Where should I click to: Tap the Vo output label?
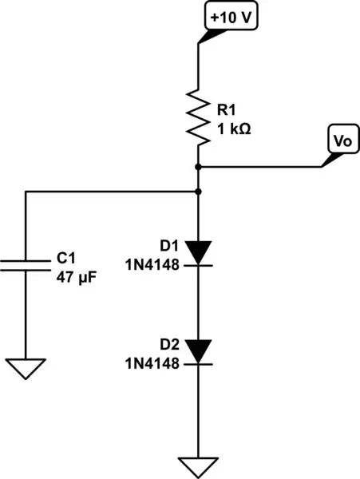(342, 141)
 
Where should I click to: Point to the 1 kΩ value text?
(232, 128)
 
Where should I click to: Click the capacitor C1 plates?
(26, 265)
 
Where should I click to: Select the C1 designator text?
(65, 259)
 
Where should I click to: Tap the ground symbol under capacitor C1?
(26, 368)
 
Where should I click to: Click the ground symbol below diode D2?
(198, 465)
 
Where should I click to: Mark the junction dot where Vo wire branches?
(198, 167)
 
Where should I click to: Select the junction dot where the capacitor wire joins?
(198, 192)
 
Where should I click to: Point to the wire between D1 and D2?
(198, 303)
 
